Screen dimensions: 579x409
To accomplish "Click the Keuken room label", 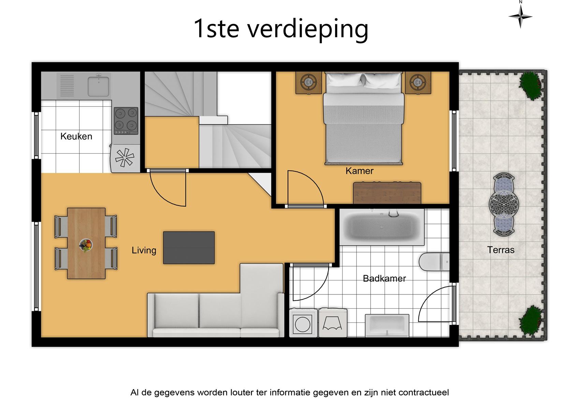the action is click(x=76, y=136).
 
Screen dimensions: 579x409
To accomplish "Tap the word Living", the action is click(x=144, y=250).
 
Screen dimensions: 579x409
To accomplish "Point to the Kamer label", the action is click(x=360, y=171).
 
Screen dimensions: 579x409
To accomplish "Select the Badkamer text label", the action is click(x=385, y=278).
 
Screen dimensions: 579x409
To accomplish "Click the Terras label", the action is click(x=501, y=250).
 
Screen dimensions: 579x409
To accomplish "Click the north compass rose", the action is click(x=521, y=16).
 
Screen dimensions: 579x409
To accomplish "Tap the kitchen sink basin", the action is click(x=99, y=86).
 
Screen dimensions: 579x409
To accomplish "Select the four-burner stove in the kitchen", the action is click(x=126, y=121).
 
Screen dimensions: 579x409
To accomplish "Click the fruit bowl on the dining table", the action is click(x=86, y=245).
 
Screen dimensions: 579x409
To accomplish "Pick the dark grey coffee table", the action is click(x=189, y=248).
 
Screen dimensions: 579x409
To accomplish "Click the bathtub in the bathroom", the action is click(x=381, y=227).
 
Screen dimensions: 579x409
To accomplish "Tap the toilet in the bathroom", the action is click(x=434, y=262).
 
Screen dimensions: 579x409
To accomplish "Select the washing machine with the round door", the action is click(x=303, y=323).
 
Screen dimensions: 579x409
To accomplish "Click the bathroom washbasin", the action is click(x=387, y=325).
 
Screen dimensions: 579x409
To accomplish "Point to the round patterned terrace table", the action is click(x=504, y=204).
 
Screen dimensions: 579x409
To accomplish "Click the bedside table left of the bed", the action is click(x=309, y=82).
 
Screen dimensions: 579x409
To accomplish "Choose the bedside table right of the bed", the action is click(x=418, y=82).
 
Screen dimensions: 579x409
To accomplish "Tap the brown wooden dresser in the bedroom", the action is click(x=387, y=193).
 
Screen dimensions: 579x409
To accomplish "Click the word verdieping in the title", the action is click(x=308, y=29).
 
